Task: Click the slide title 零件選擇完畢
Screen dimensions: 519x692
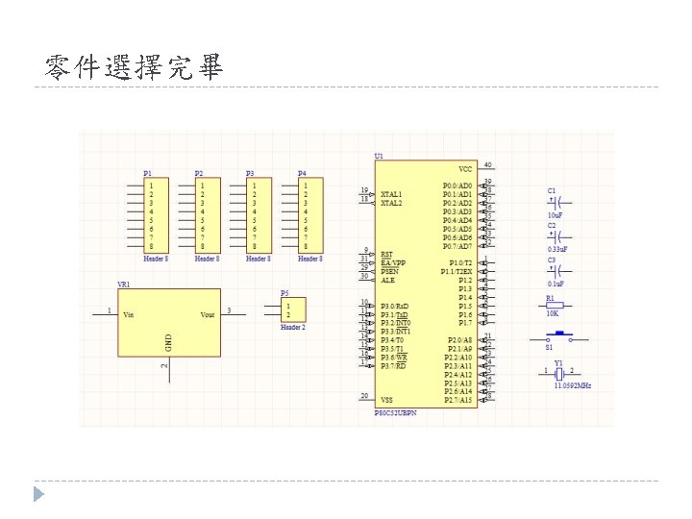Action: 135,66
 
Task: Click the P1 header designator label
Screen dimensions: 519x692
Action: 148,174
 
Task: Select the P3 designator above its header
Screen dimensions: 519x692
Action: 250,174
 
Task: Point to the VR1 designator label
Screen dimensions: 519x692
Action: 123,284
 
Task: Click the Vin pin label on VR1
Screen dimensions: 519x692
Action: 129,314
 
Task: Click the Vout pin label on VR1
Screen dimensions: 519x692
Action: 208,314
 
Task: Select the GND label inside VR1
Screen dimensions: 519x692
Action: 169,341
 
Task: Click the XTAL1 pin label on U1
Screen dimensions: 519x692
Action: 391,194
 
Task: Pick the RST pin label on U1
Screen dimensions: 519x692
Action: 386,255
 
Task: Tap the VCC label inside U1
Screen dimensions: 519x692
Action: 465,169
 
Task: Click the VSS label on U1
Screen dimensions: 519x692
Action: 386,400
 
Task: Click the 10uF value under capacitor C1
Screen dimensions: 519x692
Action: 556,215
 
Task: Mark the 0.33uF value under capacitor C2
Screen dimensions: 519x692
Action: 557,249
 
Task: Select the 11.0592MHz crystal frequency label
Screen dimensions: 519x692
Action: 573,383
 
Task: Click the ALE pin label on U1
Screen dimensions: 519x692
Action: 387,280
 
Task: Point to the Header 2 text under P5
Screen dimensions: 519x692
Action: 293,328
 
